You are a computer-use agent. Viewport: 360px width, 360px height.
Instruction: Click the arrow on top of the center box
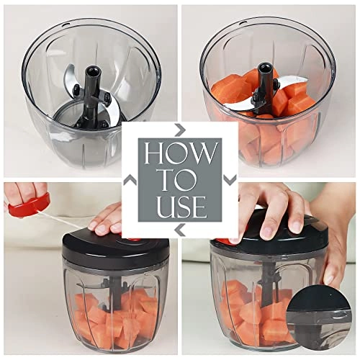tap(180, 129)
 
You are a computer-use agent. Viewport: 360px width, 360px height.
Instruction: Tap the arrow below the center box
tap(180, 230)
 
